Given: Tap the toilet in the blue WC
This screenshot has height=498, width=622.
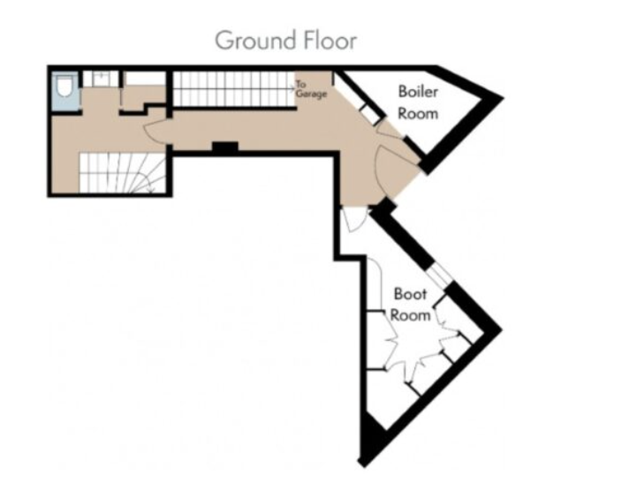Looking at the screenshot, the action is click(64, 87).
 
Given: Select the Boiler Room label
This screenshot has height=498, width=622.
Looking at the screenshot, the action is click(418, 102).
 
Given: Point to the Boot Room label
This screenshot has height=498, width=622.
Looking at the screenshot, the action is click(410, 305).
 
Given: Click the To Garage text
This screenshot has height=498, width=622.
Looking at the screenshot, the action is click(311, 89).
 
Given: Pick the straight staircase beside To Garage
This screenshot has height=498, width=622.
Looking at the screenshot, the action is click(234, 88).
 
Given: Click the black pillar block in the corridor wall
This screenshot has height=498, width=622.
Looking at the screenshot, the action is click(225, 147).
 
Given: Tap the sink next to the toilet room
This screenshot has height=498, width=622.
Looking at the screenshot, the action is click(101, 79).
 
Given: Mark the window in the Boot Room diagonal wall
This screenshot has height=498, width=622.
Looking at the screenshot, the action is click(439, 275).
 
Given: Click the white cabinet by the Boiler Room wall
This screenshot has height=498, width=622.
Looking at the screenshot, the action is click(370, 115).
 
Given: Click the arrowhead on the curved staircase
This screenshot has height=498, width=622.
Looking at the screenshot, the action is click(151, 191).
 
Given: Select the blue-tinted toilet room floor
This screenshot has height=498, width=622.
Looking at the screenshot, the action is click(65, 91).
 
